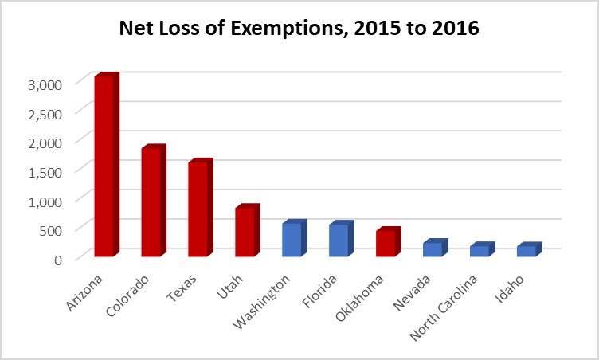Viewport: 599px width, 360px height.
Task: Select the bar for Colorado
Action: pyautogui.click(x=151, y=202)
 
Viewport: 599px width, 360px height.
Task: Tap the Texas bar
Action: pyautogui.click(x=198, y=209)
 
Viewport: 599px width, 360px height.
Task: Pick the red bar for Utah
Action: pyautogui.click(x=245, y=232)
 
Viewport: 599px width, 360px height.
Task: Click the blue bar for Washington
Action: pyautogui.click(x=292, y=240)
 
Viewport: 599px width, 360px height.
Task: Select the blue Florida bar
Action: pyautogui.click(x=339, y=241)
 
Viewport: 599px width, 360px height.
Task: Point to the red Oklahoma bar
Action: pyautogui.click(x=386, y=244)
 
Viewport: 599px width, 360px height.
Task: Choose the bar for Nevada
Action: pyautogui.click(x=433, y=249)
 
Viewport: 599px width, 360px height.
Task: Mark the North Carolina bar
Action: pyautogui.click(x=480, y=251)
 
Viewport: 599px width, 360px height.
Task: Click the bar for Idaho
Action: pyautogui.click(x=527, y=251)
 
